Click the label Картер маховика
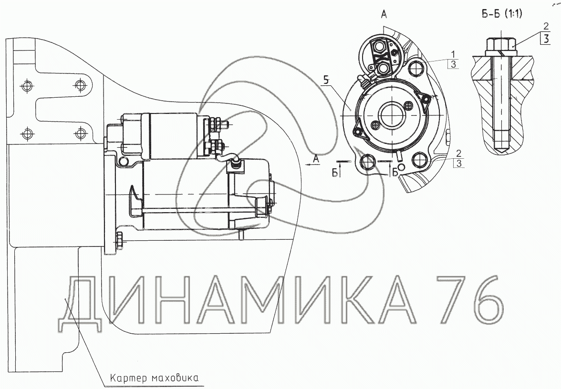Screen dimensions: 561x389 (154, 378)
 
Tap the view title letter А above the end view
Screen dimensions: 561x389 (384, 15)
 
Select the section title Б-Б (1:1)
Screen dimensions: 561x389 (501, 14)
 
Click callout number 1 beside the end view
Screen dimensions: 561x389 (453, 55)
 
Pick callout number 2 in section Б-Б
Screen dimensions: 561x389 (546, 26)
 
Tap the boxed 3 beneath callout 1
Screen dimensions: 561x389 (453, 64)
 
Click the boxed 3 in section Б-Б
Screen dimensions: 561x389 (546, 38)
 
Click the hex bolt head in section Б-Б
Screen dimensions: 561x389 (501, 45)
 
